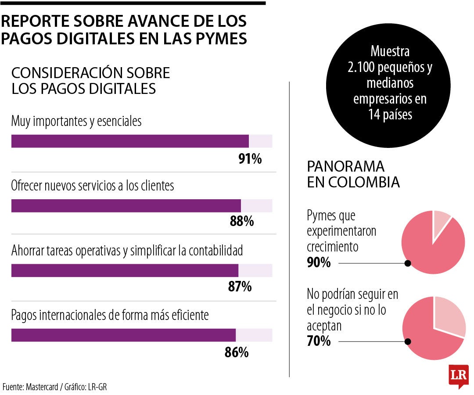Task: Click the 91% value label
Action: [x=250, y=158]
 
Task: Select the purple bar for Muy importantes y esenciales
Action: [x=130, y=141]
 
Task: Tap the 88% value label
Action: [x=242, y=222]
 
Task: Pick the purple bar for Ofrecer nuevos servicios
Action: [x=126, y=206]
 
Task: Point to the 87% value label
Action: [x=240, y=287]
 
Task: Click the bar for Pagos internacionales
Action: [x=123, y=335]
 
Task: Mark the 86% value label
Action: [x=237, y=352]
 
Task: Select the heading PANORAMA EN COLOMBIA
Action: [x=353, y=174]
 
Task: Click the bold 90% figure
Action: [x=319, y=263]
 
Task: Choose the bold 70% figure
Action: [x=319, y=341]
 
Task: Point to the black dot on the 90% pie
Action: [x=408, y=263]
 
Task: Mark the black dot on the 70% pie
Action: [x=408, y=341]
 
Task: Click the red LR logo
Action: [x=459, y=376]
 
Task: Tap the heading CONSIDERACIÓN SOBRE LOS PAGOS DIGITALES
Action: [x=90, y=80]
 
